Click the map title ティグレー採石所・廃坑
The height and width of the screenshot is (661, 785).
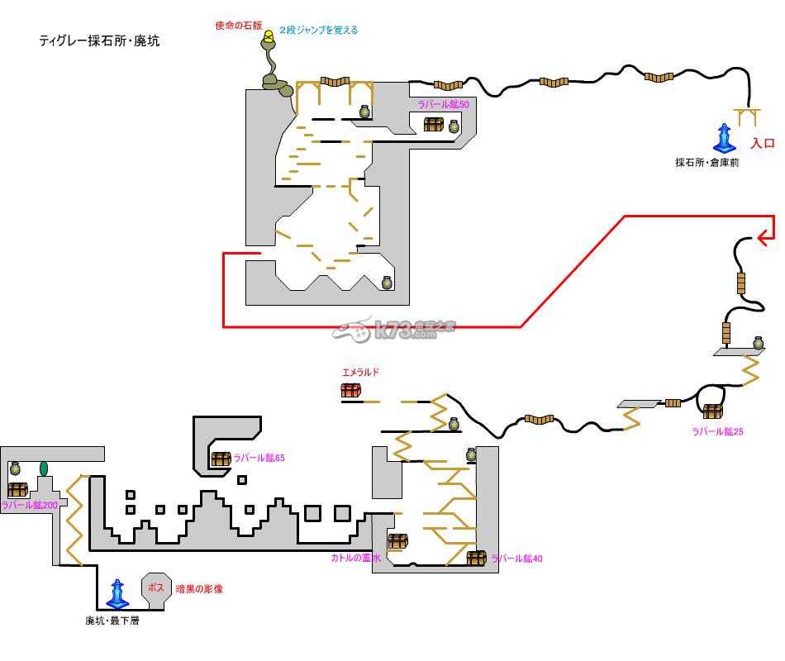click(x=99, y=40)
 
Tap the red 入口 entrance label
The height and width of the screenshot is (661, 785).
click(x=762, y=143)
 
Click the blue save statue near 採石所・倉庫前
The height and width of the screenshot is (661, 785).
click(x=725, y=138)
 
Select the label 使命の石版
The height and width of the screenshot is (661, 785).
click(x=238, y=26)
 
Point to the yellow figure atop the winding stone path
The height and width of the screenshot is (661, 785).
click(x=269, y=36)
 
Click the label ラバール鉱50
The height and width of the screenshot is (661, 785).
click(x=444, y=105)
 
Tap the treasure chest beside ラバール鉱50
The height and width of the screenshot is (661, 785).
click(x=434, y=125)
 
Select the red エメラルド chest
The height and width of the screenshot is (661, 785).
click(x=351, y=390)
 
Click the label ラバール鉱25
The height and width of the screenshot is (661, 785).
click(x=718, y=431)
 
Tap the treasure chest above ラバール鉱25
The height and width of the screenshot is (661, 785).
click(x=712, y=411)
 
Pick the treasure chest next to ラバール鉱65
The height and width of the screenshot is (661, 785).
click(x=220, y=459)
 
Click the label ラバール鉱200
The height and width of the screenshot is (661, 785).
click(x=30, y=505)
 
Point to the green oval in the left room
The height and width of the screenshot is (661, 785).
click(x=44, y=468)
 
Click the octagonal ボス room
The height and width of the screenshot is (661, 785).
click(x=156, y=589)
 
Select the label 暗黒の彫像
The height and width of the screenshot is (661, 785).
click(x=199, y=589)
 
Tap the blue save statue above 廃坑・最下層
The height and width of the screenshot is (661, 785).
click(x=117, y=594)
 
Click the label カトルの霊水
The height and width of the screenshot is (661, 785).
click(x=356, y=559)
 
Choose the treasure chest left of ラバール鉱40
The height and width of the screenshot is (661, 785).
click(x=476, y=558)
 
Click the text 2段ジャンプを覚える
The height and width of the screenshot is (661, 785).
click(x=318, y=31)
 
